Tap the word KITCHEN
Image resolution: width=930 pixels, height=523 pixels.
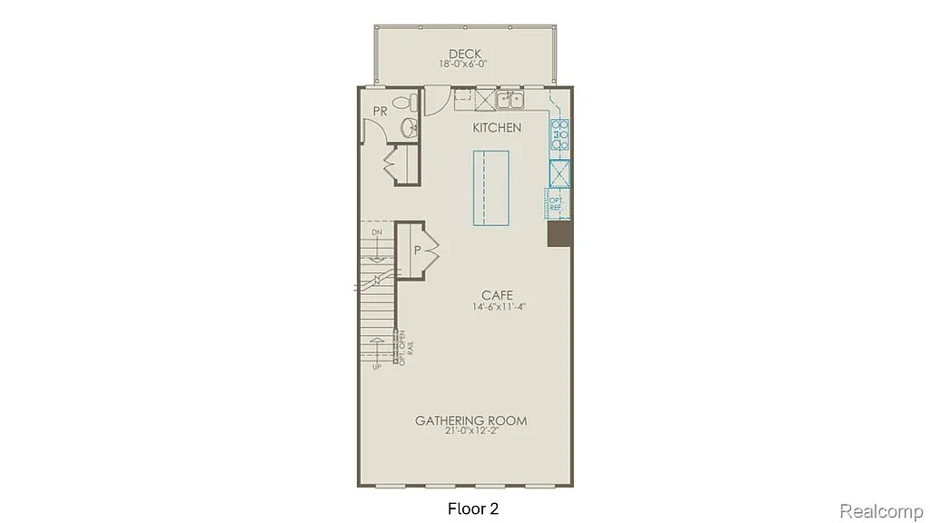tap(497, 128)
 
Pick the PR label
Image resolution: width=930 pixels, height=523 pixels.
tap(381, 112)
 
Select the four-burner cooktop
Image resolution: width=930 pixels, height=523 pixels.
tap(559, 134)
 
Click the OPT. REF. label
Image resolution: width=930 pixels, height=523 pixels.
tap(555, 203)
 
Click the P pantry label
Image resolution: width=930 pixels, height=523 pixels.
tap(418, 249)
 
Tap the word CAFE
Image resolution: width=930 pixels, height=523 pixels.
tap(498, 295)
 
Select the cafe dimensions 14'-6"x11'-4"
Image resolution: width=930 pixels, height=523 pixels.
tap(499, 307)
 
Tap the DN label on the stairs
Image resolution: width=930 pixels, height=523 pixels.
tap(376, 233)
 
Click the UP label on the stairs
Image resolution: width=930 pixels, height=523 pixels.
tap(376, 366)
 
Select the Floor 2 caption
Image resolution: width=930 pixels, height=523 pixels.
tap(473, 508)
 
